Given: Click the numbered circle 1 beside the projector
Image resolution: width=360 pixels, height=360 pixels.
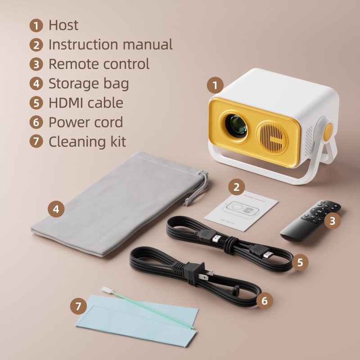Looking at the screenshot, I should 216,85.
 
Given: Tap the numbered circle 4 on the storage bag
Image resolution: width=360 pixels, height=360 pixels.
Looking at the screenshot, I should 56,209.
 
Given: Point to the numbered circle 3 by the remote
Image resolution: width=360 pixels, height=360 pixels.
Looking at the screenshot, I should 333,220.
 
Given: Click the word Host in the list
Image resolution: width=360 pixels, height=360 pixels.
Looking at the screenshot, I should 63,25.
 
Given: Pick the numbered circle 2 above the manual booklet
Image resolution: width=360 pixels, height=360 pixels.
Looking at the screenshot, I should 237,187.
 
